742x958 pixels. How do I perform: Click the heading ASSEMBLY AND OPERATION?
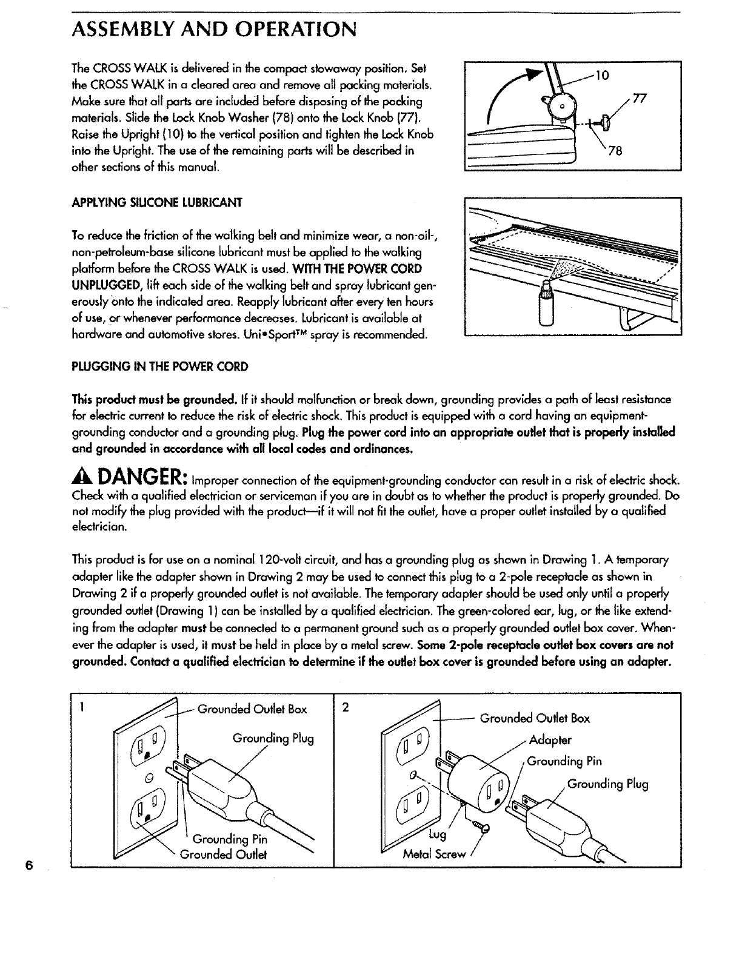coord(213,28)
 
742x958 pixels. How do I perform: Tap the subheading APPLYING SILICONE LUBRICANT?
coord(157,202)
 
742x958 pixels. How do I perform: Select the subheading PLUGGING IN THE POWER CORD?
coord(160,366)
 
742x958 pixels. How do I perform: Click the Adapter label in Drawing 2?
coord(550,739)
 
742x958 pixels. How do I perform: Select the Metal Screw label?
coord(435,854)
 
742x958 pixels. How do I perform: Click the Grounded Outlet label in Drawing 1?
coord(224,854)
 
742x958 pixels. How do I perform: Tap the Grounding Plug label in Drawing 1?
coord(273,739)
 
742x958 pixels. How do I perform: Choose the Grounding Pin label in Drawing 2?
coord(564,761)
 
